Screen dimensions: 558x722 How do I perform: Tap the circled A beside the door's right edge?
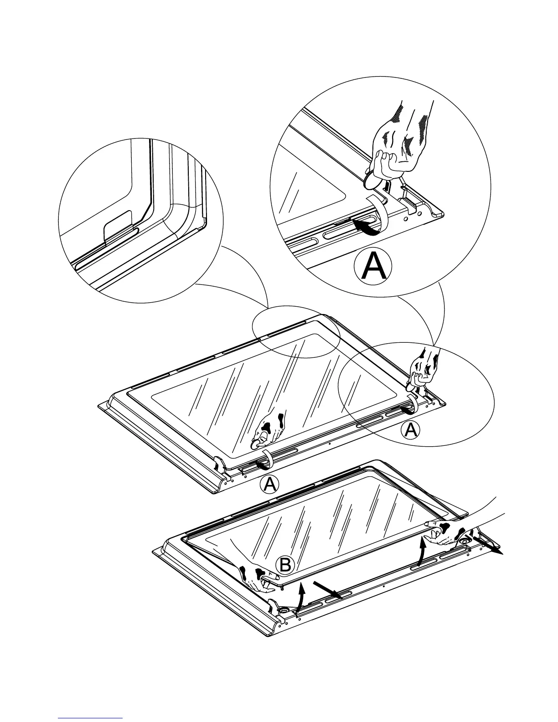[x=410, y=430]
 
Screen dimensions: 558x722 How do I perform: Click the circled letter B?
[x=285, y=565]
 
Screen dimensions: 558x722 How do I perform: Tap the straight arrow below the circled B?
[x=326, y=590]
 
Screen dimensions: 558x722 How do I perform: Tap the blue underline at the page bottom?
[x=91, y=717]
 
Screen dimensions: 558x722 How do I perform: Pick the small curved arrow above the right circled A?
[x=407, y=409]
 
